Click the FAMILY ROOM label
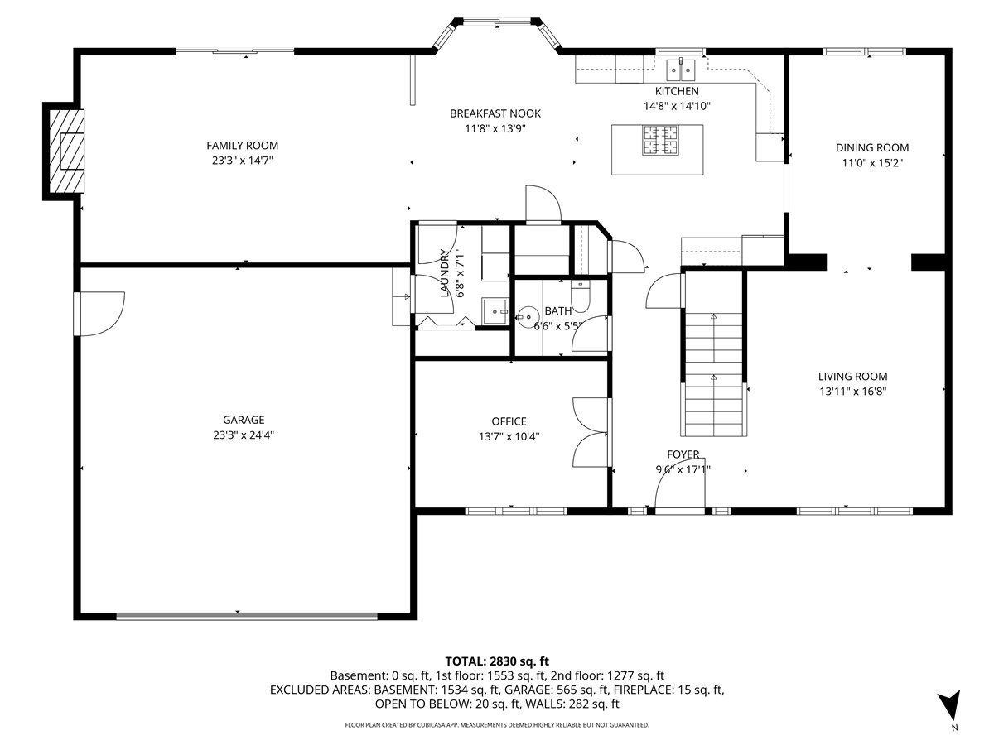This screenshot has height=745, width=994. [242, 146]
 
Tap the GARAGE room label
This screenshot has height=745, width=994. [244, 420]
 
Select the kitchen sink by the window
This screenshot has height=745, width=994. [681, 70]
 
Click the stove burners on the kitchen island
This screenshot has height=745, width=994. [661, 140]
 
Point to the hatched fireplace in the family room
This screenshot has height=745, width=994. [66, 151]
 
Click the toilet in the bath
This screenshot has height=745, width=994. [580, 296]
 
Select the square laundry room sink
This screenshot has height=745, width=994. [495, 311]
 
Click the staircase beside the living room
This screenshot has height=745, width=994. [714, 353]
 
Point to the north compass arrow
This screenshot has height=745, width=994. [950, 709]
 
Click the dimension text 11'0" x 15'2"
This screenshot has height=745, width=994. [872, 163]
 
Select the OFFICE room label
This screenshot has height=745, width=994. [509, 421]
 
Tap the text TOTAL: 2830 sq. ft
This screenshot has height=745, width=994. [497, 661]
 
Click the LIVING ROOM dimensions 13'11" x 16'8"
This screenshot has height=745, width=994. [852, 392]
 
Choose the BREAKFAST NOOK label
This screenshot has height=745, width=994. [495, 113]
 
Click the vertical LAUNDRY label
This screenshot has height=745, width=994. [445, 273]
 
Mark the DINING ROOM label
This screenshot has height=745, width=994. [872, 148]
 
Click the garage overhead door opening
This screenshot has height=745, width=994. [247, 616]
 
